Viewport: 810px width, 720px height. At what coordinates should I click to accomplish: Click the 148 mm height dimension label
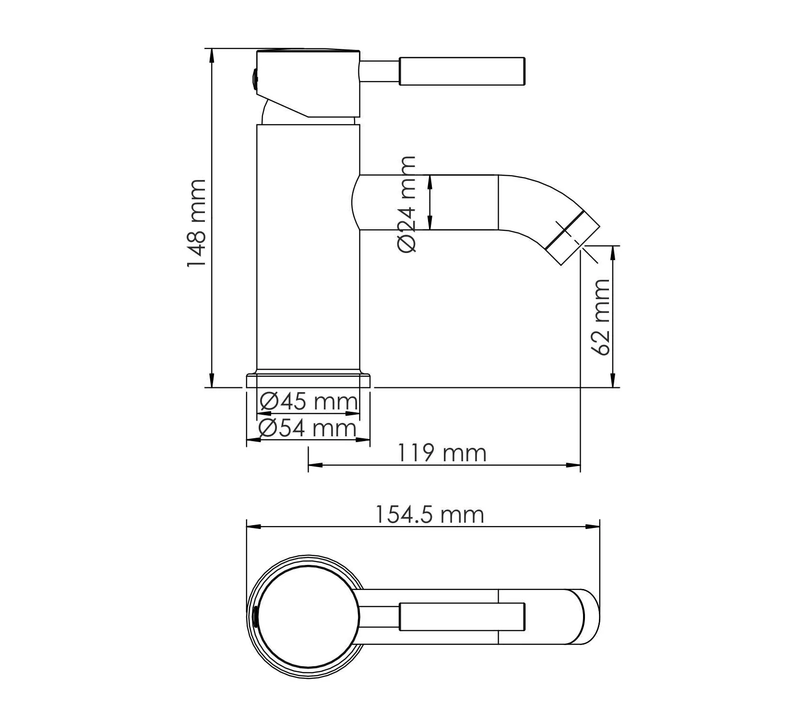click(x=197, y=224)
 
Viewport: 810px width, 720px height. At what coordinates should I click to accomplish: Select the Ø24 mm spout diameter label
click(x=407, y=204)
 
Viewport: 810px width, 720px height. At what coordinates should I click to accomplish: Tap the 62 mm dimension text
click(x=602, y=317)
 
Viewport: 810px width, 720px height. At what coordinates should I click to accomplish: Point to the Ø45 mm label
click(x=309, y=401)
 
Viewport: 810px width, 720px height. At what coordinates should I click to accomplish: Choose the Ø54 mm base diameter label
click(x=307, y=428)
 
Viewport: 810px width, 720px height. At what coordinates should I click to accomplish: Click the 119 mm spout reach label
click(x=442, y=453)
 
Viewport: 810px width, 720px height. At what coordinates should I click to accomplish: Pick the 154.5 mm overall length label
click(x=429, y=515)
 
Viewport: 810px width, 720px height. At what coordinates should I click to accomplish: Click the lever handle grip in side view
click(x=462, y=72)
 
